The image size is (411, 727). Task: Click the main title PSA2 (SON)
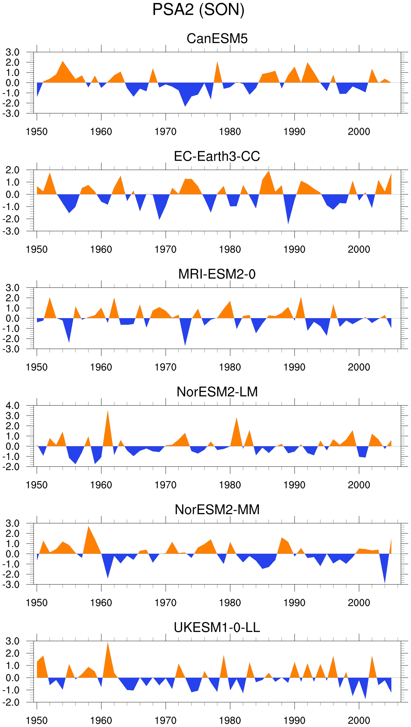tap(198, 10)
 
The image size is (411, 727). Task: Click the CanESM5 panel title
tap(217, 39)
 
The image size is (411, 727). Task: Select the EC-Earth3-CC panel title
tap(217, 156)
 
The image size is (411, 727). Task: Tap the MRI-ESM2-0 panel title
tap(217, 274)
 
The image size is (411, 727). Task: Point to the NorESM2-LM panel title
tap(217, 392)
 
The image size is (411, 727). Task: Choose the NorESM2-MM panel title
tap(217, 510)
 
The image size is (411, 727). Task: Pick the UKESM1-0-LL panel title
tap(217, 628)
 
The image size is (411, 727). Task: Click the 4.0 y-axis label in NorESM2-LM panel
tap(12, 406)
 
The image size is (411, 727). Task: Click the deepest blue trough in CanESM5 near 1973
tap(185, 106)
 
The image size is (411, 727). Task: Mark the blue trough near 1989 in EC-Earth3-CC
tap(288, 223)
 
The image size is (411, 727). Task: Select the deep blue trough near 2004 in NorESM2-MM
tap(385, 582)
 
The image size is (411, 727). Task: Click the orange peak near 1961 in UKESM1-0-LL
tap(107, 643)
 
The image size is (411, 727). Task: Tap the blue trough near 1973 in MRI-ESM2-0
tap(185, 345)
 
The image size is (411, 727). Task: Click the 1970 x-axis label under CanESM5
tap(165, 132)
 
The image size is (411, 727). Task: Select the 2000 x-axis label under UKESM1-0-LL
tap(359, 721)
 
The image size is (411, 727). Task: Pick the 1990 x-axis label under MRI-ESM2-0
tap(294, 367)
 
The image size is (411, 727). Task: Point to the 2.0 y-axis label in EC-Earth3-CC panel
tap(12, 170)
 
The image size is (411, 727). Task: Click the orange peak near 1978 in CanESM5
tap(217, 62)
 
